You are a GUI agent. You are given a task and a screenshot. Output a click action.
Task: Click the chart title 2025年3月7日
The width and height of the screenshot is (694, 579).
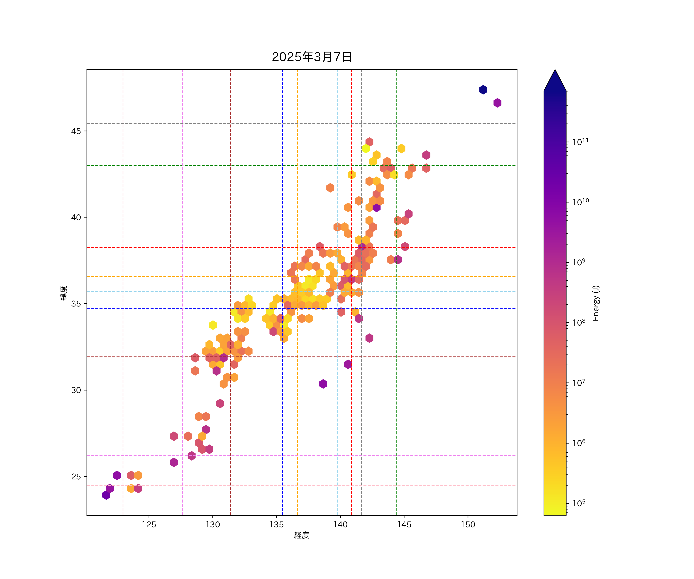tap(312, 57)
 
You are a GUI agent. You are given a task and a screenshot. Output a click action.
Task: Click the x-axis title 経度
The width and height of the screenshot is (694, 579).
tap(301, 535)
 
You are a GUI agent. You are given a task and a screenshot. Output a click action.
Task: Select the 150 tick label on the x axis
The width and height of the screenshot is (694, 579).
tap(468, 524)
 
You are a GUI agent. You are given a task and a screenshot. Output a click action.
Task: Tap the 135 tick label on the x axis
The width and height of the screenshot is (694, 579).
tap(277, 524)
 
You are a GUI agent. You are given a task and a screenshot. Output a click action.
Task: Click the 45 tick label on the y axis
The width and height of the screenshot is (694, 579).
tap(76, 131)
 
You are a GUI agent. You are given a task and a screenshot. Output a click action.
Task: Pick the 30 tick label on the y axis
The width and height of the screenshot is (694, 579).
tap(76, 390)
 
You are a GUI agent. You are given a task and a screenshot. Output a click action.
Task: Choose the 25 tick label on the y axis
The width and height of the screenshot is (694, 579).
tap(76, 477)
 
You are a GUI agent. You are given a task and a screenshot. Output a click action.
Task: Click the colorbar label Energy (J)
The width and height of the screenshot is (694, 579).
tap(595, 303)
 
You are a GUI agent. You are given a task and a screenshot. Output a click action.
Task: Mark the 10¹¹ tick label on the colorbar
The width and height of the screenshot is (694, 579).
tap(580, 142)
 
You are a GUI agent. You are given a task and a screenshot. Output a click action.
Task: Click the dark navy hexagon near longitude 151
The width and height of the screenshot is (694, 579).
tap(483, 90)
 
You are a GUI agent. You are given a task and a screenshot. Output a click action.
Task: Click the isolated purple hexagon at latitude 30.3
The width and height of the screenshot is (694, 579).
tap(323, 384)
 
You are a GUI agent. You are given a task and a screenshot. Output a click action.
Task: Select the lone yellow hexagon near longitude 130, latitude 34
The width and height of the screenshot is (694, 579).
tap(213, 325)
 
